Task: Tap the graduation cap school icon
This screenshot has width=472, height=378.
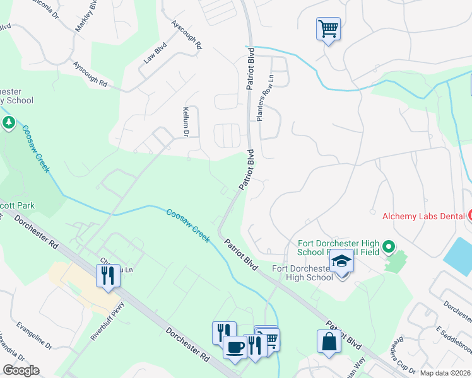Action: (x=341, y=261)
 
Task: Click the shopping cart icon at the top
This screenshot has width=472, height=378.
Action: (x=328, y=29)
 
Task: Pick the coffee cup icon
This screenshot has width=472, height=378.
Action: (x=235, y=347)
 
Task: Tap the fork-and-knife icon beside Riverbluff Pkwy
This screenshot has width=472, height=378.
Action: (x=107, y=275)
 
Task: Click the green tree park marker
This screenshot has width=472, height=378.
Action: (x=9, y=122)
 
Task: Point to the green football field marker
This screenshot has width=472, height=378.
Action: (x=389, y=246)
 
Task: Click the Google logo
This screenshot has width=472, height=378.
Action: (x=20, y=370)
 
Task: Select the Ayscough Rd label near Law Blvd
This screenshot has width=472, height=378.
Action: (x=90, y=74)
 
